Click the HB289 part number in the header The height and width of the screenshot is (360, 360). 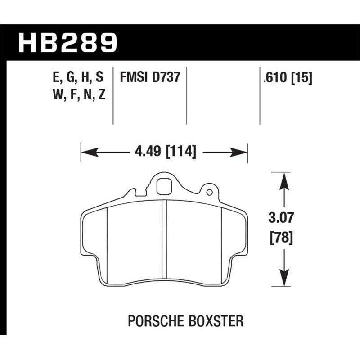tap(67, 42)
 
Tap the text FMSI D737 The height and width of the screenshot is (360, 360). tap(150, 77)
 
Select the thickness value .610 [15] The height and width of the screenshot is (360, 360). tap(285, 77)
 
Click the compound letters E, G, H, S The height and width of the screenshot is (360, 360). tap(78, 77)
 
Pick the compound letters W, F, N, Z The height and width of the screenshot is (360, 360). tap(78, 95)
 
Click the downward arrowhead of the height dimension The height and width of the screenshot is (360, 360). tap(283, 280)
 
